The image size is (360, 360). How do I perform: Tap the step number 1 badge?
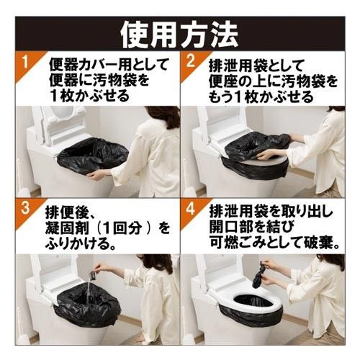click(27, 63)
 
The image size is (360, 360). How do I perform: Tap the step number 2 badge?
click(190, 63)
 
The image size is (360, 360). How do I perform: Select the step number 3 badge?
click(25, 209)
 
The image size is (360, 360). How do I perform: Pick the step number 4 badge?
click(190, 209)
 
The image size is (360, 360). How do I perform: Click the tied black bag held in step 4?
click(259, 275)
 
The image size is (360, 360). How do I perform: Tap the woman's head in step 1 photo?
click(163, 117)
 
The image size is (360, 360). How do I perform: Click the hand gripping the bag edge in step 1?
click(96, 176)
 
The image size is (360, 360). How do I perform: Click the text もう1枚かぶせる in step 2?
click(261, 96)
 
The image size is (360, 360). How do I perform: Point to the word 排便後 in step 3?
click(64, 212)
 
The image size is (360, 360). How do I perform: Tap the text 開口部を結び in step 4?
click(251, 227)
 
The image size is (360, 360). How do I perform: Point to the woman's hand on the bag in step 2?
click(265, 157)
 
